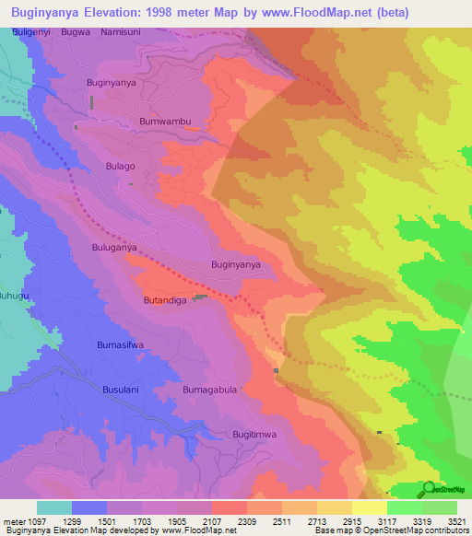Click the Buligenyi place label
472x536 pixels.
[32, 31]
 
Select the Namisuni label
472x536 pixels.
[121, 31]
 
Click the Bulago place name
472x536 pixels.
[120, 166]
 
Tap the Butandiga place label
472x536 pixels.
[165, 300]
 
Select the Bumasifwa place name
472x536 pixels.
[120, 344]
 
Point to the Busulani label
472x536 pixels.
[120, 390]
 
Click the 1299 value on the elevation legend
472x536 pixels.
[87, 520]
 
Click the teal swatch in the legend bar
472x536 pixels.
[54, 507]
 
